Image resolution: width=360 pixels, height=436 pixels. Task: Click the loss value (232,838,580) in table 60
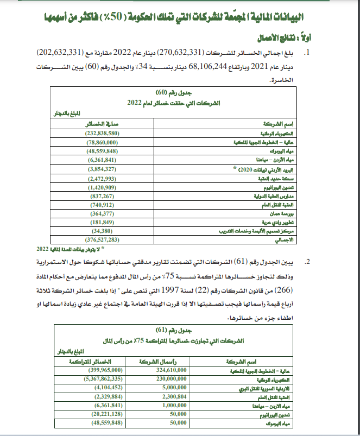[x=103, y=133]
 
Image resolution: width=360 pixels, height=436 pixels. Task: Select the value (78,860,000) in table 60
[x=103, y=142]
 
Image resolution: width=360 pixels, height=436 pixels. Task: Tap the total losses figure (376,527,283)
[x=103, y=239]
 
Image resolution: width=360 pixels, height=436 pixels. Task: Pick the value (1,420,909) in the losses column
[x=103, y=186]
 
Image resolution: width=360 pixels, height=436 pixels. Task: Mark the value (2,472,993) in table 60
[x=103, y=178]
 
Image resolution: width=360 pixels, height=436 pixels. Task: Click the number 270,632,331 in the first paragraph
[x=179, y=53]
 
